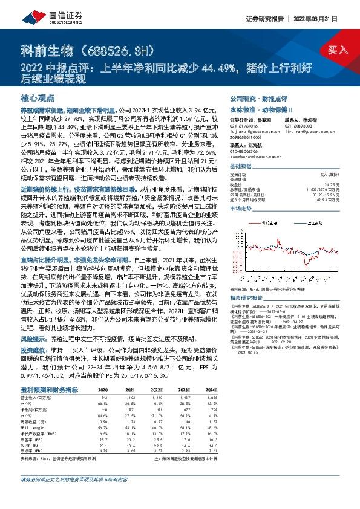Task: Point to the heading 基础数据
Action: (x=240, y=166)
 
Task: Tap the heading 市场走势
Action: (x=240, y=207)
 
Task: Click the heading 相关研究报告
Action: (x=244, y=282)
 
